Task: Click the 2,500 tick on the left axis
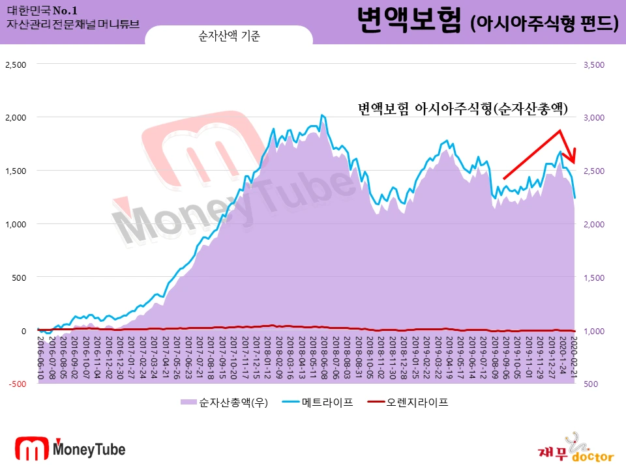click(16, 64)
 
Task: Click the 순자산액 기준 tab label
click(229, 36)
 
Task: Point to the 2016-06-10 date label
click(40, 358)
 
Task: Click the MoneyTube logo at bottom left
click(70, 448)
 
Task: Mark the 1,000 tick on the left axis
click(16, 224)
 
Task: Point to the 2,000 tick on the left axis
click(16, 118)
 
